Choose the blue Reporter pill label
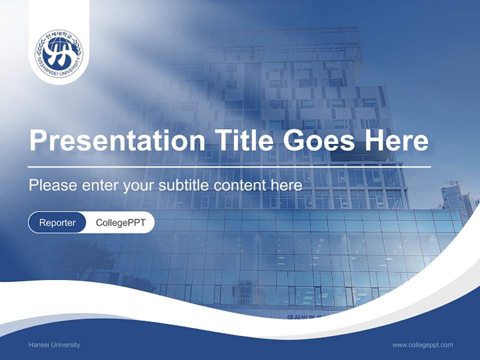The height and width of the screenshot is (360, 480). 57,222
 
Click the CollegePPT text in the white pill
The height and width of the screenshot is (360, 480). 120,222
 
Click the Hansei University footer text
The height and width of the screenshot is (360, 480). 54,345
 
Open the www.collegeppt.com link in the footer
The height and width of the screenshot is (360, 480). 422,345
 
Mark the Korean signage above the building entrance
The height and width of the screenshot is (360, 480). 305,317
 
